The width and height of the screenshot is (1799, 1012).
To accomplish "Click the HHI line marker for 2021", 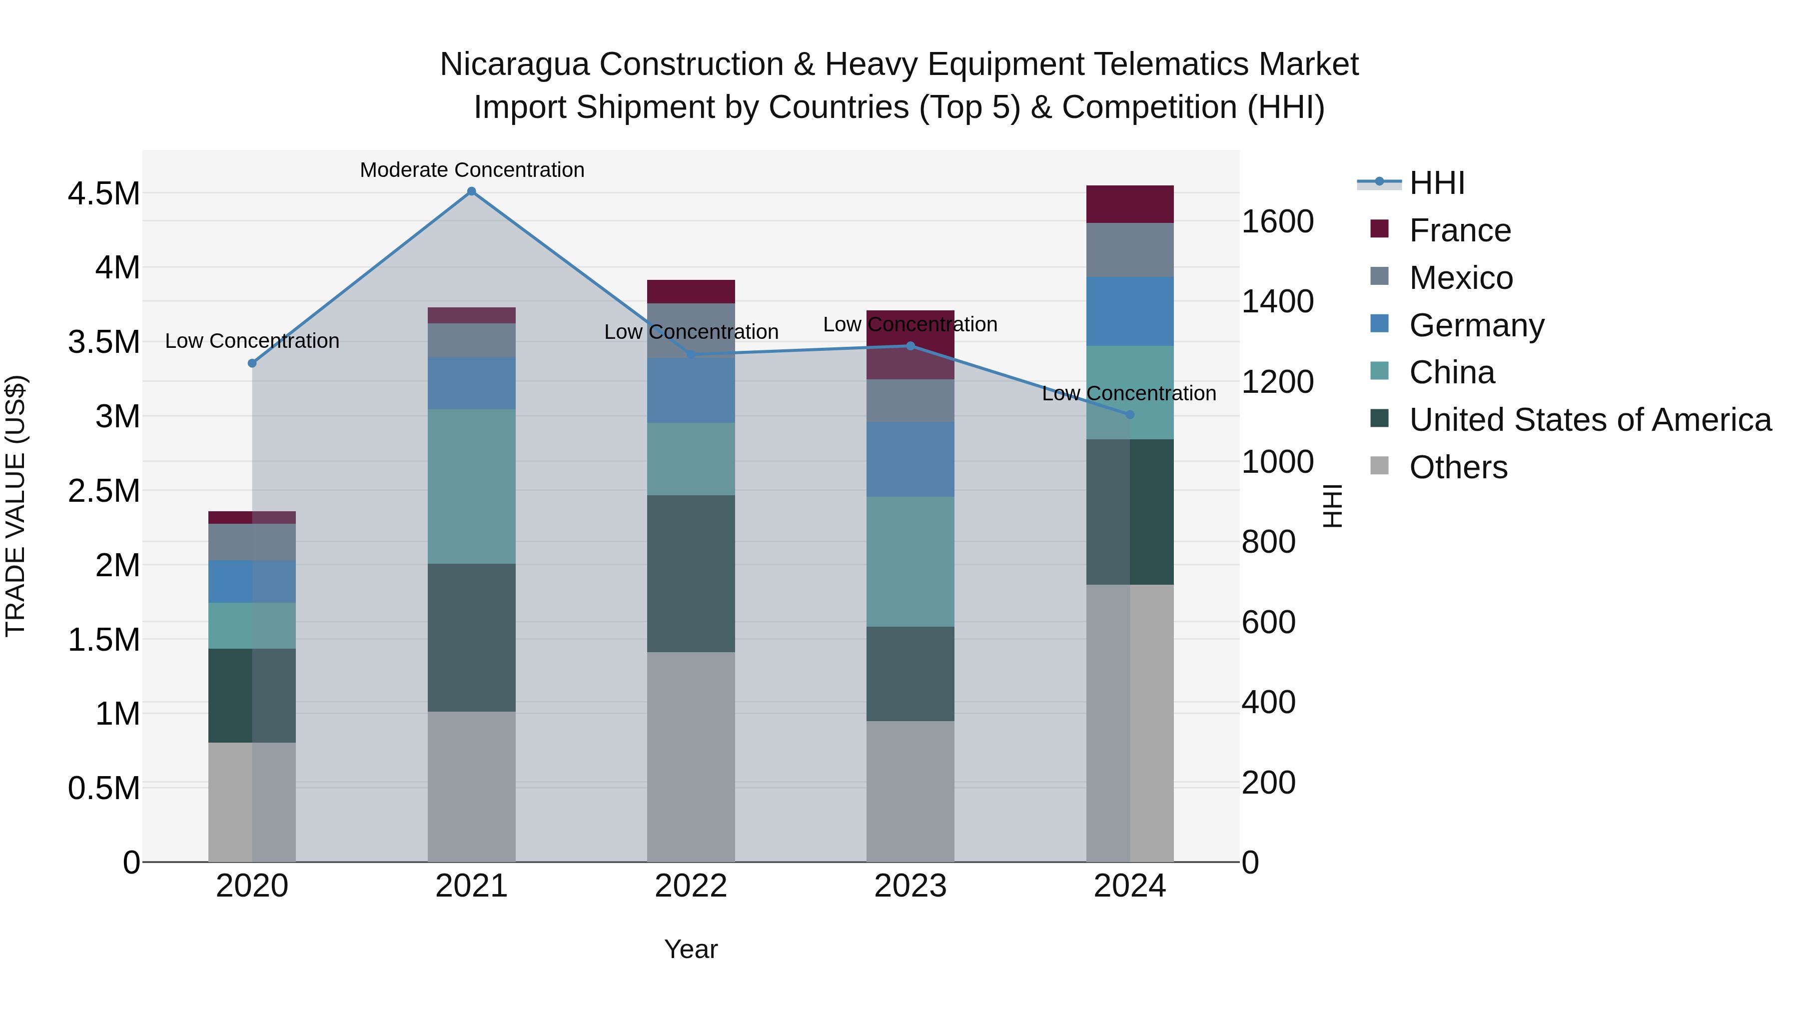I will pos(471,191).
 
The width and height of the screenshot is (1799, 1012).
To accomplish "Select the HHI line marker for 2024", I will pos(1130,415).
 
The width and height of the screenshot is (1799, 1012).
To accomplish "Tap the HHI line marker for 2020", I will pos(252,363).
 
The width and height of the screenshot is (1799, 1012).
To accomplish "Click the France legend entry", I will pos(1460,230).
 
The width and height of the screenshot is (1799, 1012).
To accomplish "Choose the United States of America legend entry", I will pos(1590,420).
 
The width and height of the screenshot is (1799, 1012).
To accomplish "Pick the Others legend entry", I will pos(1458,467).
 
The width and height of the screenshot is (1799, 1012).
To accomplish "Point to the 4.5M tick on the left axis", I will pos(104,193).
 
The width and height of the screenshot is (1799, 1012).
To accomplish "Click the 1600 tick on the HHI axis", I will pos(1277,222).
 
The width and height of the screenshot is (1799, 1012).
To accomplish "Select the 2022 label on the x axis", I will pos(691,886).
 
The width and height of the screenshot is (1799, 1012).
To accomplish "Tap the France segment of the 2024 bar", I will pos(1130,204).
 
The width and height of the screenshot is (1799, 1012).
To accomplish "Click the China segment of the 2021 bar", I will pos(471,486).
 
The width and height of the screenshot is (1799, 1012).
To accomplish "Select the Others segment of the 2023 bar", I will pos(910,791).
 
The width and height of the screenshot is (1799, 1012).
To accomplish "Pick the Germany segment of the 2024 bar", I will pos(1130,311).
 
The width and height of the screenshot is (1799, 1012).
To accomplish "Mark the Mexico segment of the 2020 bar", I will pos(252,542).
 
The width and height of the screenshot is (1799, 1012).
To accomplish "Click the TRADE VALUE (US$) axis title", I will pos(15,506).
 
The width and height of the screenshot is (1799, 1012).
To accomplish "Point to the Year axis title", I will pos(691,949).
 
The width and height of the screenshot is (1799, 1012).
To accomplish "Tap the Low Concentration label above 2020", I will pos(252,341).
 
